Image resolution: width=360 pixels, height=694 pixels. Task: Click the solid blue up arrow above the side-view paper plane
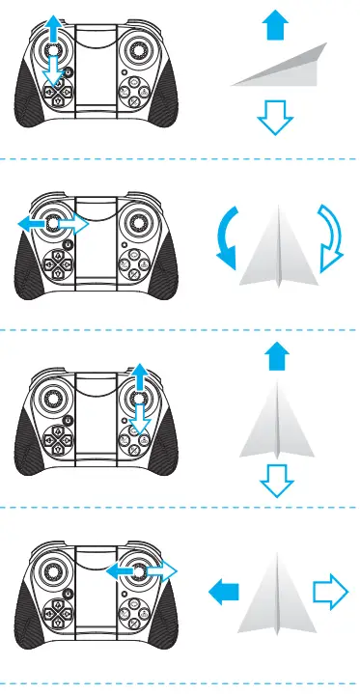(x=274, y=26)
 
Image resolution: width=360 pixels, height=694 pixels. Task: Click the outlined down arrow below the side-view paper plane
(x=274, y=118)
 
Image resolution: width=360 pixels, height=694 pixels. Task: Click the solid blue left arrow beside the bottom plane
(x=224, y=590)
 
